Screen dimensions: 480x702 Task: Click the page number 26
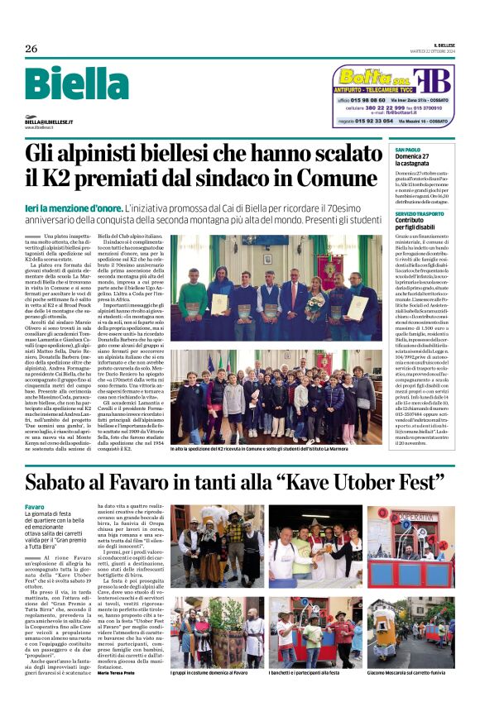click(x=31, y=49)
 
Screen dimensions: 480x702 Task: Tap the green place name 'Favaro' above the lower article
click(x=35, y=506)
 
